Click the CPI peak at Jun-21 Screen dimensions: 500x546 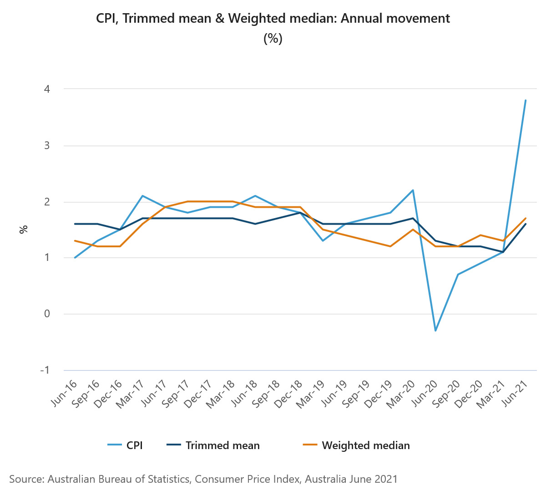click(526, 100)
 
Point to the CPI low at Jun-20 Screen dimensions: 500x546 click(435, 330)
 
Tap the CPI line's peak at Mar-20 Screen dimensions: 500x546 click(413, 190)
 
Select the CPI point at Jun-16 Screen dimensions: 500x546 click(75, 258)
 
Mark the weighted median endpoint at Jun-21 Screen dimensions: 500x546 click(526, 218)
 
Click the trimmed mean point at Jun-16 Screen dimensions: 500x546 click(75, 224)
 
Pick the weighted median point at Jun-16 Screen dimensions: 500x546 click(75, 241)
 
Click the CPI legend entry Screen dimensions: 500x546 click(134, 445)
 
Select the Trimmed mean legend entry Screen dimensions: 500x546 click(222, 445)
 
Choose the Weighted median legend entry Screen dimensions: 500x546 click(365, 445)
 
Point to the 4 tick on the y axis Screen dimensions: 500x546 click(47, 89)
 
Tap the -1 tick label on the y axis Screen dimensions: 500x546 click(45, 370)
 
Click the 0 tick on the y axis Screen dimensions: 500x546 click(47, 314)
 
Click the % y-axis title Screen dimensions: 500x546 click(23, 230)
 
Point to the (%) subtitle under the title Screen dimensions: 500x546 click(273, 39)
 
